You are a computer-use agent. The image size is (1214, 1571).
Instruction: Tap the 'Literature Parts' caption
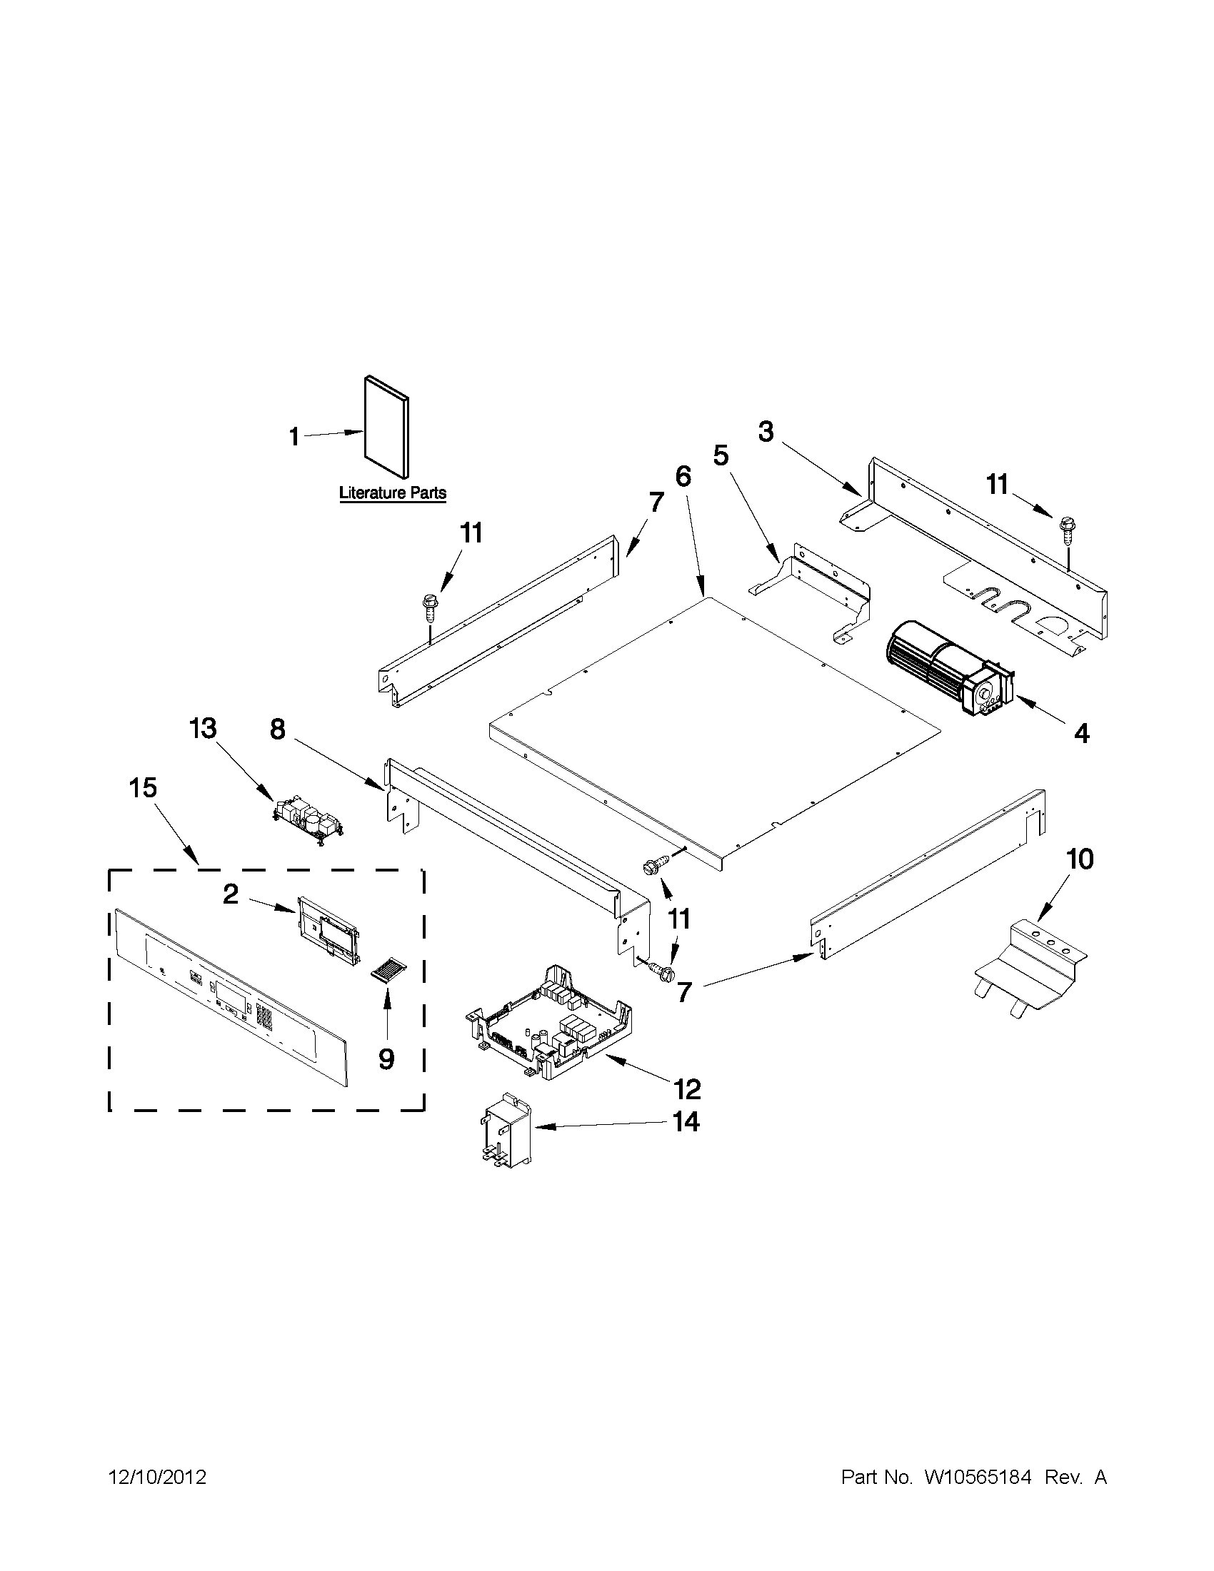(392, 493)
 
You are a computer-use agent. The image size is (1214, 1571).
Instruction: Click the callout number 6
(683, 476)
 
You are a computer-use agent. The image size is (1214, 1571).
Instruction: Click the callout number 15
(143, 788)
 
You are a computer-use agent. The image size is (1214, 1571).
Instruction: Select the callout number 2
(230, 894)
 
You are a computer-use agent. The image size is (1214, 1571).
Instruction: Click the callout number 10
(1079, 859)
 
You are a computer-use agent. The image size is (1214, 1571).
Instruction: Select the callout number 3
(766, 433)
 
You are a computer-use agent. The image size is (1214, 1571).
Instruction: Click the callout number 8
(278, 729)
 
